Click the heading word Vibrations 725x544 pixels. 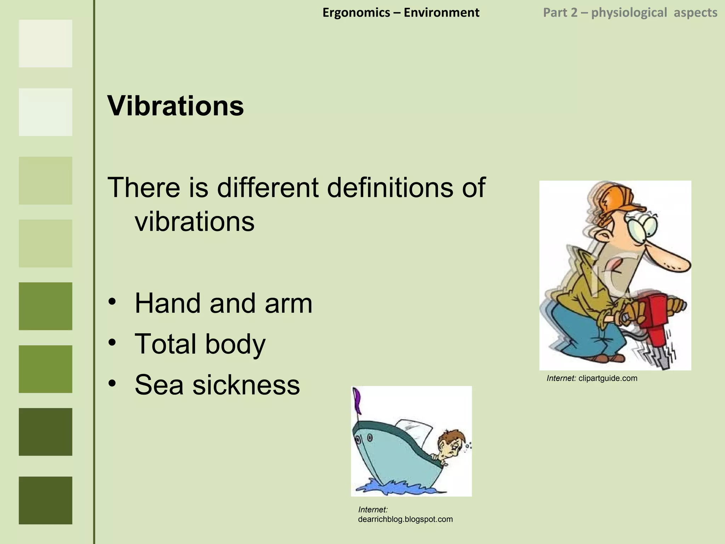click(x=176, y=106)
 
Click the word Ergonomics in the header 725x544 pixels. click(x=356, y=13)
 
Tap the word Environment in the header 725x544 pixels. click(x=441, y=13)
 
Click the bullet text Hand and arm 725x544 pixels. click(x=223, y=303)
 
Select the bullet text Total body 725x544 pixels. click(x=200, y=344)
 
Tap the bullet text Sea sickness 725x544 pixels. click(x=217, y=385)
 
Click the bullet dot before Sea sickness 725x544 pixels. click(x=112, y=383)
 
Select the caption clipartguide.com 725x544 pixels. click(x=607, y=378)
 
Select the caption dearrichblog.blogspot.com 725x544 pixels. click(x=405, y=519)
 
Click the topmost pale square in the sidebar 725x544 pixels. click(x=45, y=43)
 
